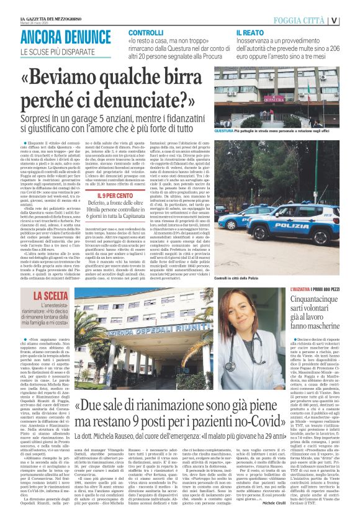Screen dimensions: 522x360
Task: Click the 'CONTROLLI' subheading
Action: pyautogui.click(x=146, y=32)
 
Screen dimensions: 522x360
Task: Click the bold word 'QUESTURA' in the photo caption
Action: pyautogui.click(x=225, y=132)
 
